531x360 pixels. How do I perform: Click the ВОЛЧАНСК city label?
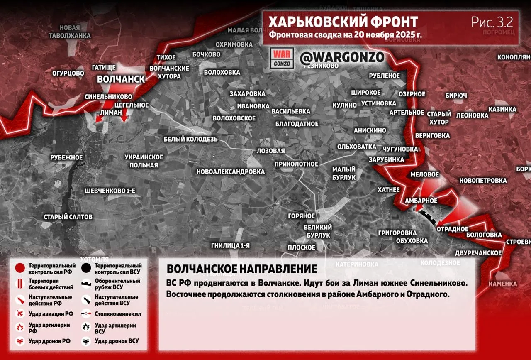pyautogui.click(x=121, y=79)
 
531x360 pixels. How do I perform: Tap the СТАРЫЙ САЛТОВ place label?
pyautogui.click(x=68, y=217)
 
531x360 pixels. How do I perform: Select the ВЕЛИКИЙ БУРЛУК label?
pyautogui.click(x=318, y=231)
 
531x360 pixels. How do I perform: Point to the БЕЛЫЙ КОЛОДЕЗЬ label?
pyautogui.click(x=190, y=139)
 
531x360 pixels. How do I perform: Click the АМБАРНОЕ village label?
pyautogui.click(x=421, y=201)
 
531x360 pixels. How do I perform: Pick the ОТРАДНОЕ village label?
pyautogui.click(x=452, y=229)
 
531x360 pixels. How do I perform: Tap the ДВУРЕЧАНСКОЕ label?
pyautogui.click(x=478, y=252)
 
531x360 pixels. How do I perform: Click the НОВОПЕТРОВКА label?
pyautogui.click(x=483, y=181)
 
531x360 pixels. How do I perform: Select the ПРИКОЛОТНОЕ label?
pyautogui.click(x=296, y=164)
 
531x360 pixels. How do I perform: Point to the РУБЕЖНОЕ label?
pyautogui.click(x=66, y=158)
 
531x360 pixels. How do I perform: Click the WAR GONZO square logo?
pyautogui.click(x=282, y=58)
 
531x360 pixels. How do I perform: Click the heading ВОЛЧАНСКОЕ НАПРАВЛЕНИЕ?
pyautogui.click(x=242, y=269)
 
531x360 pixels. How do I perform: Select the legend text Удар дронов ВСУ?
pyautogui.click(x=117, y=341)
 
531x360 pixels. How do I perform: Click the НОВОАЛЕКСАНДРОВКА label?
pyautogui.click(x=230, y=171)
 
